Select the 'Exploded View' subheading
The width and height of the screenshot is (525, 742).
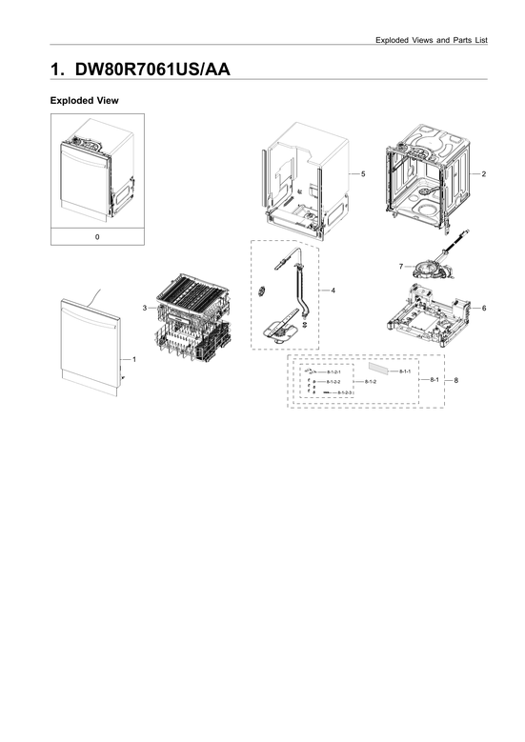[x=83, y=100]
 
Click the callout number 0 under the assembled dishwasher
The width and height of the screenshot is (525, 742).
[x=97, y=236]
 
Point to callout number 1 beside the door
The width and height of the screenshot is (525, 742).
[x=134, y=359]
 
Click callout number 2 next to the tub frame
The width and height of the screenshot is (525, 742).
[x=484, y=174]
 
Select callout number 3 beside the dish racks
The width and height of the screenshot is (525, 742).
[x=145, y=309]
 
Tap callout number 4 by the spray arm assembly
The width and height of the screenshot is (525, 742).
[x=333, y=289]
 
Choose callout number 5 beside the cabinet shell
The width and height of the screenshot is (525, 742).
[x=363, y=174]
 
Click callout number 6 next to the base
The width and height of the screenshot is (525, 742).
[x=484, y=309]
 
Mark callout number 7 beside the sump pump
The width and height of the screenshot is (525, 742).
[x=402, y=266]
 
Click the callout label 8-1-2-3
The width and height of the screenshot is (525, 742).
[x=344, y=392]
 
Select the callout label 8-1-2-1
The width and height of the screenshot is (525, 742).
[x=333, y=371]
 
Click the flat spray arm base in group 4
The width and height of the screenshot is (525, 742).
[x=280, y=331]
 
